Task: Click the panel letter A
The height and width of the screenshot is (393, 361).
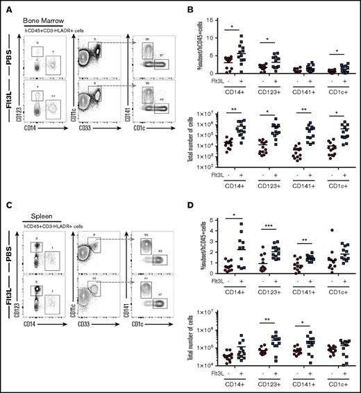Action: pyautogui.click(x=6, y=6)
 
